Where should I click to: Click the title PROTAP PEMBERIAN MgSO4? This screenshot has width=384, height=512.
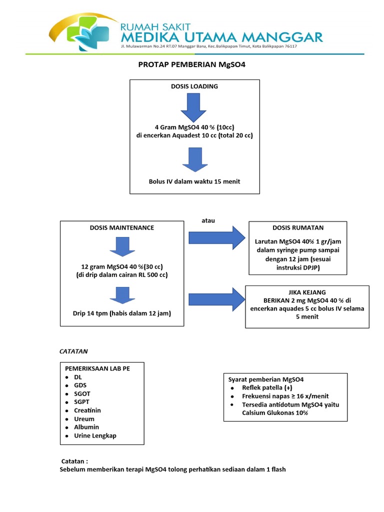click(192, 65)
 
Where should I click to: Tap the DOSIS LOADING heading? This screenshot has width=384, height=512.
click(194, 86)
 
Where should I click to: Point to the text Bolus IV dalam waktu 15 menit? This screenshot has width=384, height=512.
click(194, 181)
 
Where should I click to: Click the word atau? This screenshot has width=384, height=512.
click(208, 221)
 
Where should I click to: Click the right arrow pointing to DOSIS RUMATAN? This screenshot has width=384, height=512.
click(213, 236)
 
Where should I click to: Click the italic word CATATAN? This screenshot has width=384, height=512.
click(73, 351)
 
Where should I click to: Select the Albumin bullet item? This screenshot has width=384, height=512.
click(86, 427)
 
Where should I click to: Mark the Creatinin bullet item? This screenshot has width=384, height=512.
click(87, 410)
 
